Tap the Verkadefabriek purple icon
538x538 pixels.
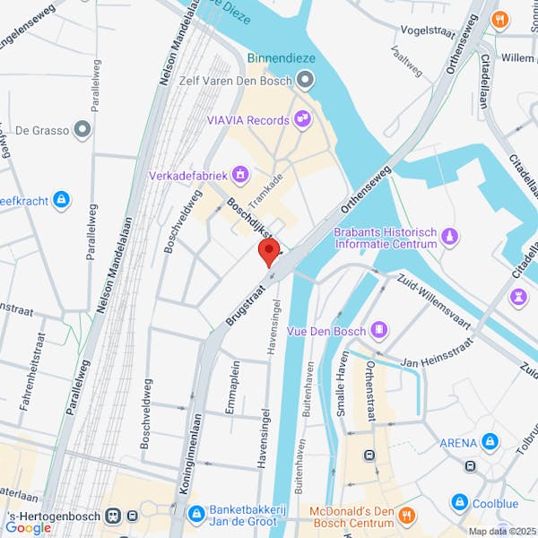point(239,173)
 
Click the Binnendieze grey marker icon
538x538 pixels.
point(306,81)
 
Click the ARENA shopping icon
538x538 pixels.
point(490,442)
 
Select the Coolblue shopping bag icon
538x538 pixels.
point(460,502)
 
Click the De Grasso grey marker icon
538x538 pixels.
point(83,130)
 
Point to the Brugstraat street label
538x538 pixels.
point(242,304)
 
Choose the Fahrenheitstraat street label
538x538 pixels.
point(40,377)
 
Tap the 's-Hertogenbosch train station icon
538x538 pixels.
point(113,516)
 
